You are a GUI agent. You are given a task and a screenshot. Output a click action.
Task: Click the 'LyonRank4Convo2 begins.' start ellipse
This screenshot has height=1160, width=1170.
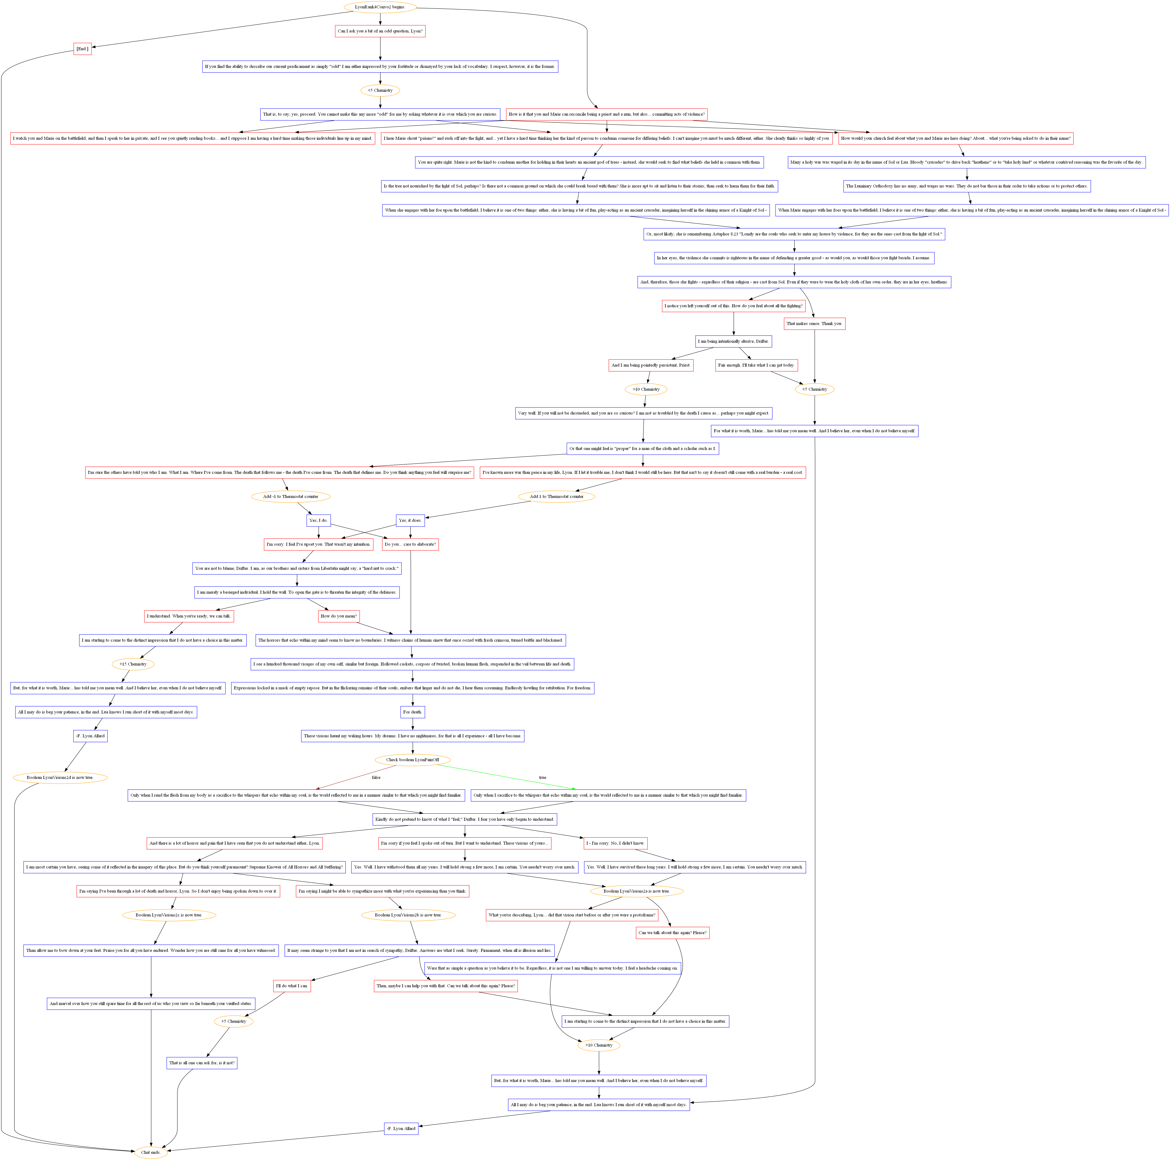click(x=380, y=7)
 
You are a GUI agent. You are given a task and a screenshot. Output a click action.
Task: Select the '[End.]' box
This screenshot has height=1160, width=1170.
click(x=82, y=49)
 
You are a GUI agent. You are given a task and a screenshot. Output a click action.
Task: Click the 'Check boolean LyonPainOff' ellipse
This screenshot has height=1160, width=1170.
click(x=412, y=760)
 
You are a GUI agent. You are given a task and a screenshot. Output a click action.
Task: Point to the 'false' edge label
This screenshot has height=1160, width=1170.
click(x=376, y=777)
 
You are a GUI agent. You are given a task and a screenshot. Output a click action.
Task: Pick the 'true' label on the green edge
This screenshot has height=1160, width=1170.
click(x=543, y=777)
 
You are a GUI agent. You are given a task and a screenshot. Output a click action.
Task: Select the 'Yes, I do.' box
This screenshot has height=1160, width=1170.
click(x=318, y=520)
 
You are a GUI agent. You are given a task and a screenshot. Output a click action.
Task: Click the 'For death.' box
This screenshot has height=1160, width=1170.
click(x=412, y=712)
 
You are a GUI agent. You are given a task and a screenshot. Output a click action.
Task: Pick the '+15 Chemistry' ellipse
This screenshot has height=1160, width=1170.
click(x=133, y=664)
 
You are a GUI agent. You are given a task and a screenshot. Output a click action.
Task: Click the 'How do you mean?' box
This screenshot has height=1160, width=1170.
click(x=339, y=616)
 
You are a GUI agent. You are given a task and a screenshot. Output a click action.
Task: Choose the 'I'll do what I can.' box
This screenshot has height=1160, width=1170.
click(x=292, y=986)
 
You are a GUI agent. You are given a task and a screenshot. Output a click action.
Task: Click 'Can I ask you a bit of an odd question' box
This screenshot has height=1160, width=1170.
click(x=380, y=31)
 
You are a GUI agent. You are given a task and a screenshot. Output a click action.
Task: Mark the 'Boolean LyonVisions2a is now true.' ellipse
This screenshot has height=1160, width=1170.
click(x=636, y=891)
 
